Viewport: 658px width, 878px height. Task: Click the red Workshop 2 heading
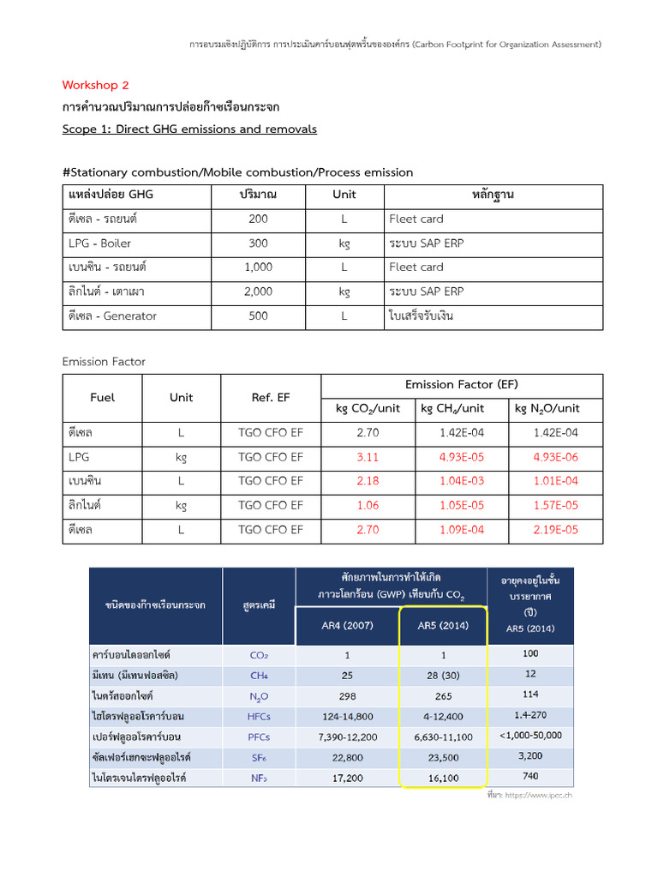pos(95,85)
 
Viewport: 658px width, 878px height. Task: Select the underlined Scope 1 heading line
pos(189,129)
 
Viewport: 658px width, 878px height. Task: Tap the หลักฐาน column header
pos(493,195)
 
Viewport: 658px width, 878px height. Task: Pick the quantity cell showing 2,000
pos(258,292)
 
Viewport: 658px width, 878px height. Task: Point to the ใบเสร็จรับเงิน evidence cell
pos(421,316)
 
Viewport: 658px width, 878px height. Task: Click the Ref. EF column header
pos(271,398)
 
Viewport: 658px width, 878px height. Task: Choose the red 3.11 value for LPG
pos(367,458)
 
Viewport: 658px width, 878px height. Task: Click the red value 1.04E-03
pos(461,482)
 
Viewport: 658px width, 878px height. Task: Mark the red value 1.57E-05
pos(555,506)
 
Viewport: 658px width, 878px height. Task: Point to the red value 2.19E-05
pos(555,530)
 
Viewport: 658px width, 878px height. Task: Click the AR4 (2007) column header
pos(347,626)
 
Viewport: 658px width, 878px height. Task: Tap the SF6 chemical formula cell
pos(259,758)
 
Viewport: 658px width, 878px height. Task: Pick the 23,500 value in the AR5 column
pos(442,758)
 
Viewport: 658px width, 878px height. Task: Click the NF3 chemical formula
pos(259,779)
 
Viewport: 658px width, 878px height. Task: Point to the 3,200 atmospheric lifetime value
pos(530,756)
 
